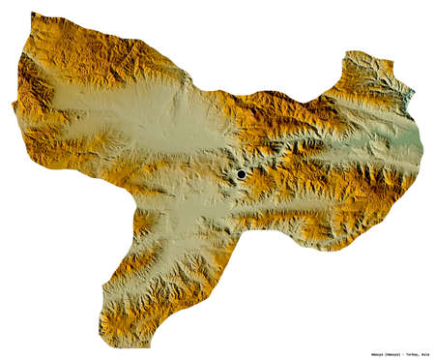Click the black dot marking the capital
click(241, 174)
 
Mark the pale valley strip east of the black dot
click(319, 155)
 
